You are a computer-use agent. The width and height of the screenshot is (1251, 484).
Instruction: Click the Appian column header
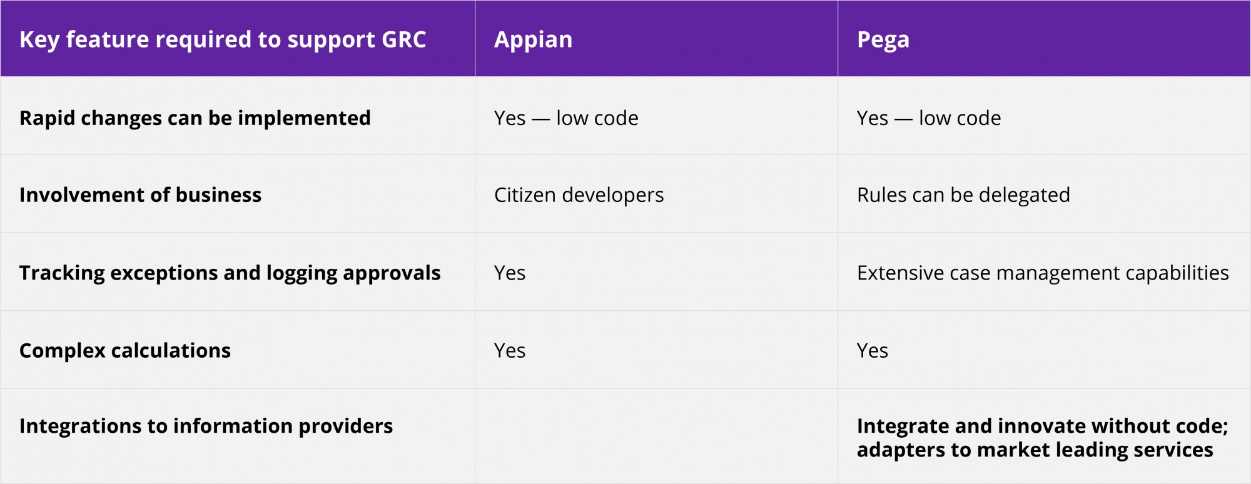pyautogui.click(x=533, y=40)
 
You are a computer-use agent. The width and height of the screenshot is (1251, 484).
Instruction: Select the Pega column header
pyautogui.click(x=883, y=40)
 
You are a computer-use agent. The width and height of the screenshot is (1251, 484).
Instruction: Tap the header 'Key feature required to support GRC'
pyautogui.click(x=223, y=40)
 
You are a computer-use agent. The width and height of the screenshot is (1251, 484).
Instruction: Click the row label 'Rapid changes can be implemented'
pyautogui.click(x=195, y=118)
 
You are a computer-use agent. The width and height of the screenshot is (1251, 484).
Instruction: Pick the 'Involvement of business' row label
pyautogui.click(x=140, y=195)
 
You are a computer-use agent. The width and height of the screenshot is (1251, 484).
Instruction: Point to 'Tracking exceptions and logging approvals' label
pyautogui.click(x=230, y=273)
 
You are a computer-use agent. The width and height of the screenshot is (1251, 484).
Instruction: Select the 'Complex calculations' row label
pyautogui.click(x=125, y=351)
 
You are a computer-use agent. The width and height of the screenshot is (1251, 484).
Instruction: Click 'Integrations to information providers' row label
pyautogui.click(x=206, y=426)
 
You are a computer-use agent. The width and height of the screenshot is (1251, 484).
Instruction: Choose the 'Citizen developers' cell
pyautogui.click(x=579, y=196)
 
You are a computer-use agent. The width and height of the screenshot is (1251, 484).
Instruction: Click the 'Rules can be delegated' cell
pyautogui.click(x=963, y=196)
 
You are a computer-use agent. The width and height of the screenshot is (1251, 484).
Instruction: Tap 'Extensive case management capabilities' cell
pyautogui.click(x=1043, y=273)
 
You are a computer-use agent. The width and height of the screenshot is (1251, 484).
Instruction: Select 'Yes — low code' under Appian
pyautogui.click(x=566, y=118)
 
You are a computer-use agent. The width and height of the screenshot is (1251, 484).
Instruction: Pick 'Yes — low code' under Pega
pyautogui.click(x=929, y=118)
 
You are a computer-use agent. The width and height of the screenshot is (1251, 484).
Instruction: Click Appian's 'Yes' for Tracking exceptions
pyautogui.click(x=510, y=273)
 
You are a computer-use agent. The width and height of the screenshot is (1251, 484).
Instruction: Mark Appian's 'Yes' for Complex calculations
pyautogui.click(x=510, y=351)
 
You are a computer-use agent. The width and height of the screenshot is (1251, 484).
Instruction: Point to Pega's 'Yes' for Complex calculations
pyautogui.click(x=873, y=351)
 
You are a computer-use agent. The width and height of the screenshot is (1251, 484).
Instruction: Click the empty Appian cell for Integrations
pyautogui.click(x=657, y=436)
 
